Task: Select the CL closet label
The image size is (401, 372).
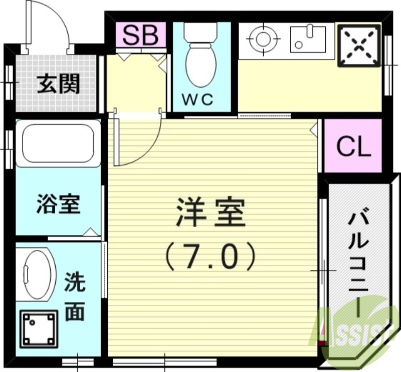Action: click(353, 147)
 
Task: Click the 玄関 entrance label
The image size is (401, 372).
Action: click(59, 84)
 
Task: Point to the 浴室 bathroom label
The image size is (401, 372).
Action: click(59, 204)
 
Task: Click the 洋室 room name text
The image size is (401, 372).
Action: click(211, 212)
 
